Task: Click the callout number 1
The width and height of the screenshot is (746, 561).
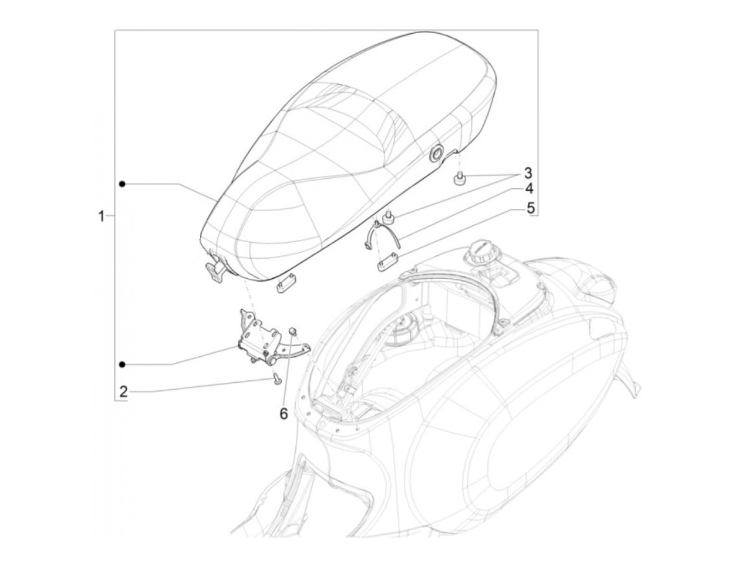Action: (x=101, y=216)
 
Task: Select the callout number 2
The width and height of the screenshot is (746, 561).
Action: (x=124, y=392)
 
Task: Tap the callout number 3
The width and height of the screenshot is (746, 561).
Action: (x=528, y=173)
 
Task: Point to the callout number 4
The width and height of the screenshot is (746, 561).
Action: (x=529, y=189)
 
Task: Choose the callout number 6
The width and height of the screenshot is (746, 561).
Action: (x=283, y=414)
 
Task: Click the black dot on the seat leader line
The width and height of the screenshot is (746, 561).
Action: (x=123, y=184)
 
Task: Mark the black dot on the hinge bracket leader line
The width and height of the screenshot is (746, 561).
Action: (x=123, y=364)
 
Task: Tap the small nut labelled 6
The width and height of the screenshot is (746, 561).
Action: (x=293, y=331)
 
